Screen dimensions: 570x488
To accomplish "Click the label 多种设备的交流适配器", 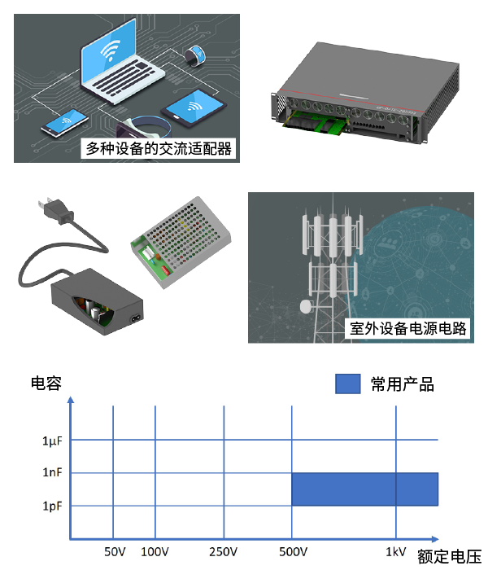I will (x=159, y=148).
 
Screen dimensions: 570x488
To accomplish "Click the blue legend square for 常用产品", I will (x=347, y=384).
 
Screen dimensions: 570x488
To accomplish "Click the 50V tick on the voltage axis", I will (x=115, y=552).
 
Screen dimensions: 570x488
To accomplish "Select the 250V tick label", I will (x=223, y=552).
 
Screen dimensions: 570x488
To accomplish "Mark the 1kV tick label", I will (x=396, y=552).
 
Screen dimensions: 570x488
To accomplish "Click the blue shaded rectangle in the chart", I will (x=364, y=489).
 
